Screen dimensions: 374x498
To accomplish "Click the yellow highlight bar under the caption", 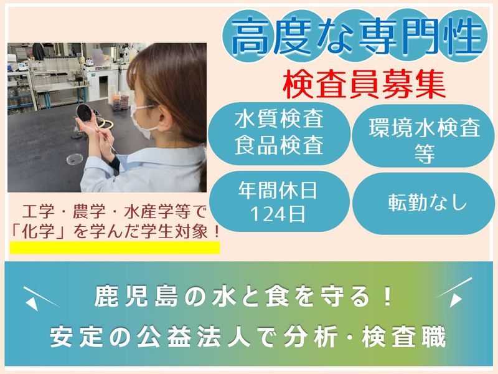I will (115, 247).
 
